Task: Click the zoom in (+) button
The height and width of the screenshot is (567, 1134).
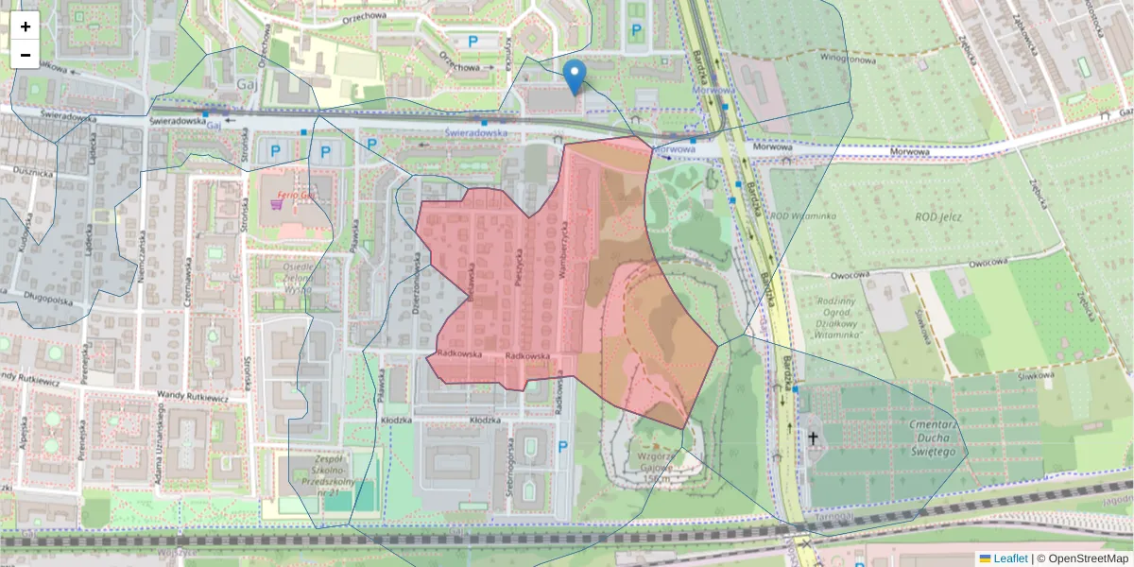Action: [x=26, y=26]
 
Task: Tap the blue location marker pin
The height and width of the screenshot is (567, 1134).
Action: [x=574, y=76]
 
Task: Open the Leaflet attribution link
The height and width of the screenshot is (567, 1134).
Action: [x=1010, y=558]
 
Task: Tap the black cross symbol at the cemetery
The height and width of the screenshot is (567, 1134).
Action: [x=813, y=438]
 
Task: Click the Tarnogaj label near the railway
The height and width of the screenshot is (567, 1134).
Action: [x=834, y=517]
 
